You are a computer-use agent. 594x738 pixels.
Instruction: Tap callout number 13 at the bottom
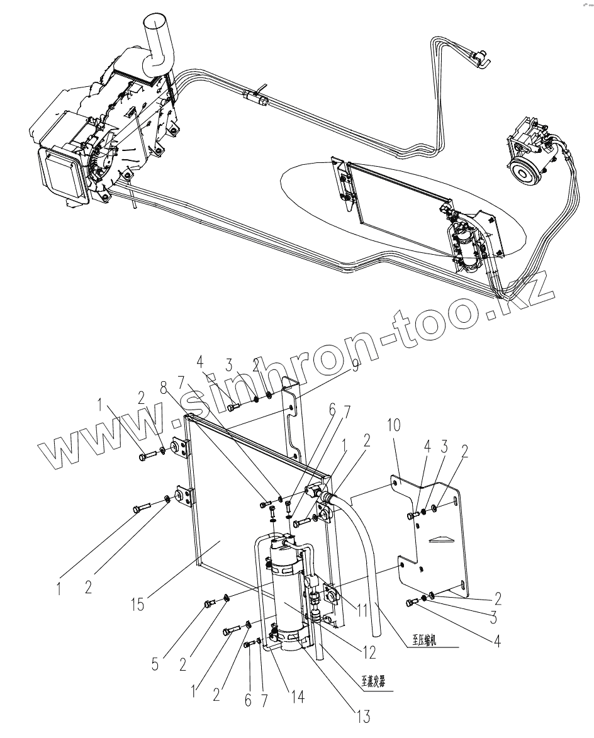362,715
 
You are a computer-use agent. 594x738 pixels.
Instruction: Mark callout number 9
356,365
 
